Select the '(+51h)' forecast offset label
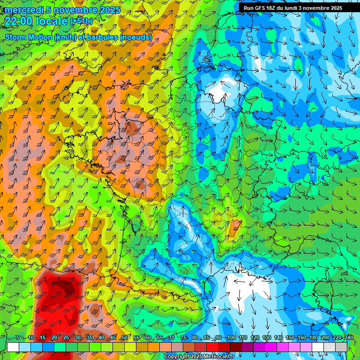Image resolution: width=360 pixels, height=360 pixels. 81,21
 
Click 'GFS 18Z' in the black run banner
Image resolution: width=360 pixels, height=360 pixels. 265,8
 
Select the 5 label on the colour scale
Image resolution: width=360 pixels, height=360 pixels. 18,338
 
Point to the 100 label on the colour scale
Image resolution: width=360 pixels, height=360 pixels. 231,338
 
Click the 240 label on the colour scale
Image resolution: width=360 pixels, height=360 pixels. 349,338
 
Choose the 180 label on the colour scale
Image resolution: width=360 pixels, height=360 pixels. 314,338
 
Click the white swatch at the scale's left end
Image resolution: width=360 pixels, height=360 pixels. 13,347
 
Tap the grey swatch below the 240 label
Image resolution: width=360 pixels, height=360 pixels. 341,347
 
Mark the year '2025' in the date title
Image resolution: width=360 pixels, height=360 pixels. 109,10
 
